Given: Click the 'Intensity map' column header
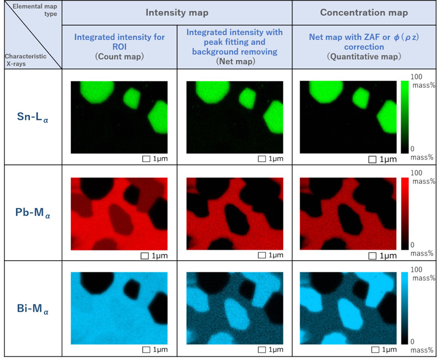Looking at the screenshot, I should (x=177, y=13).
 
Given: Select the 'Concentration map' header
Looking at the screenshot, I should (x=363, y=13).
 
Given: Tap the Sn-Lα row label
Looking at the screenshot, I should (x=31, y=117).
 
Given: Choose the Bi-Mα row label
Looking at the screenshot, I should (x=31, y=310).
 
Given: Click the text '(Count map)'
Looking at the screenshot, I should (x=119, y=56).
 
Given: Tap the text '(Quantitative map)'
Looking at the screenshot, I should (x=363, y=56).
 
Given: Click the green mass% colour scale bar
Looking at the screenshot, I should (x=405, y=117).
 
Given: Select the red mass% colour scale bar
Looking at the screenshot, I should (x=405, y=213).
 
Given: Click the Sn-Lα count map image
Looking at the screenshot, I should (x=119, y=117).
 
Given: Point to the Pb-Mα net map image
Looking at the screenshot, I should (x=234, y=214).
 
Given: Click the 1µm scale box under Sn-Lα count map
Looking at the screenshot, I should (x=145, y=159).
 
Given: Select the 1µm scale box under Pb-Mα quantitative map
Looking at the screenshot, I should (x=372, y=256).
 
